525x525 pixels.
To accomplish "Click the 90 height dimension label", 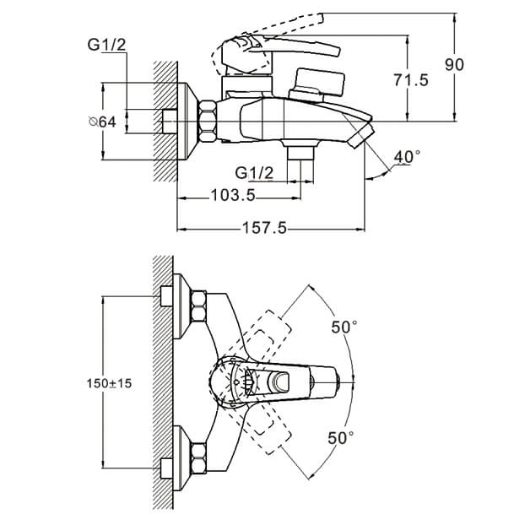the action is pyautogui.click(x=454, y=65).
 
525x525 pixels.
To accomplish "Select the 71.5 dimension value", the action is pyautogui.click(x=411, y=80).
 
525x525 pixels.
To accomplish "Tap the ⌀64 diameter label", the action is pyautogui.click(x=102, y=122).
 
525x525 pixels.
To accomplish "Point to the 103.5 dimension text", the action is pyautogui.click(x=233, y=195).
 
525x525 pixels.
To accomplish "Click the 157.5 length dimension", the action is pyautogui.click(x=264, y=229).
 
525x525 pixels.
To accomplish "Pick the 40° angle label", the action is pyautogui.click(x=407, y=157).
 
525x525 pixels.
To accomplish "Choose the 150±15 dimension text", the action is pyautogui.click(x=109, y=383).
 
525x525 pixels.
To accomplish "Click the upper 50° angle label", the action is pyautogui.click(x=344, y=327).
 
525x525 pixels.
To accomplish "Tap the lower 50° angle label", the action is pyautogui.click(x=340, y=437).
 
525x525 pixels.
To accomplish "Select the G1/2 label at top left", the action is pyautogui.click(x=107, y=45).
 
